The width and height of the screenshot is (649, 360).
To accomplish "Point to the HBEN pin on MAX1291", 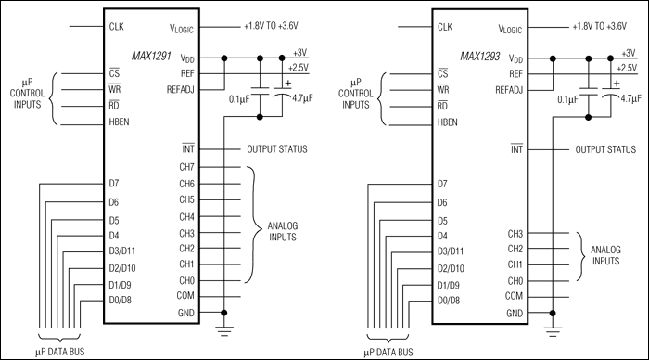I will pos(121,122).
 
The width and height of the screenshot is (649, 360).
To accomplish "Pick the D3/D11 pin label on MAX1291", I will pos(125,251).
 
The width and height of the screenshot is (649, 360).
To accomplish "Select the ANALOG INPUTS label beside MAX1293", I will pos(606,256).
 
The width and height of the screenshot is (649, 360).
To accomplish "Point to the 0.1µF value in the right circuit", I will pos(566,96).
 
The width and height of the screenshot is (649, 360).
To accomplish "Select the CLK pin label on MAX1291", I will pos(119,25).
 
